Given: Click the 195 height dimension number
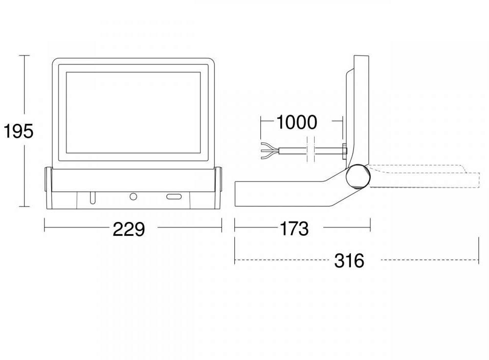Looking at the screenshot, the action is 18,131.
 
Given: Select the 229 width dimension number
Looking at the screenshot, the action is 129,229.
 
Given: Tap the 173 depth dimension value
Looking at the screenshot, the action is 294,229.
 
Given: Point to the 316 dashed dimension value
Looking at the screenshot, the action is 349,261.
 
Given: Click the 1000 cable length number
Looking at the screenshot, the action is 297,123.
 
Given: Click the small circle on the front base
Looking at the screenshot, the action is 134,196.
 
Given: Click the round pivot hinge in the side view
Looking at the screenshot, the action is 357,176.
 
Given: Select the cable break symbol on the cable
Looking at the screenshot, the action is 309,150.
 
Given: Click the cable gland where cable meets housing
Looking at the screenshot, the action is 344,150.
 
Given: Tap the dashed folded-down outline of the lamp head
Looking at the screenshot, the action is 425,176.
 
